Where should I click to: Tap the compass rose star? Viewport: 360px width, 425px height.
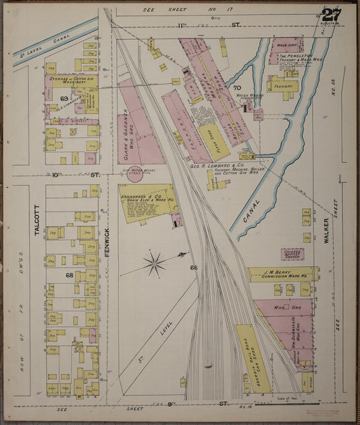(x=155, y=263)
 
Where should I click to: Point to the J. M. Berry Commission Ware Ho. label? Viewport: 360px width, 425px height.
(x=282, y=274)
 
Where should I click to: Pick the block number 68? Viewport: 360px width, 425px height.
(x=69, y=275)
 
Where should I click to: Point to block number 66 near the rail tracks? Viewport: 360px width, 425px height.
(x=194, y=268)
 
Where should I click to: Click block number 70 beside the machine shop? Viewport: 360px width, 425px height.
(x=236, y=88)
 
